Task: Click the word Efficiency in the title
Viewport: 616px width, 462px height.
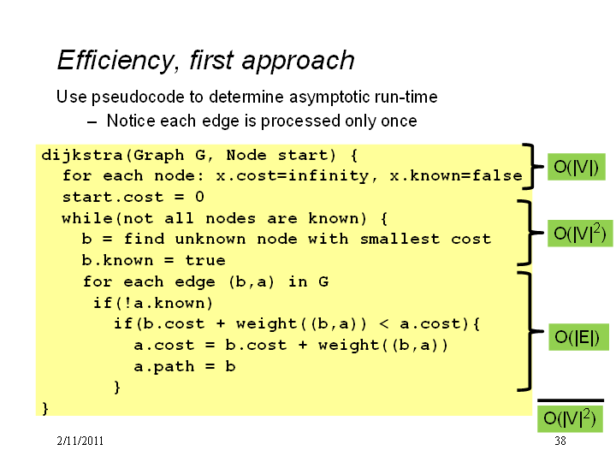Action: [x=115, y=61]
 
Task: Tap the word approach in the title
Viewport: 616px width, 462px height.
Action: [x=299, y=61]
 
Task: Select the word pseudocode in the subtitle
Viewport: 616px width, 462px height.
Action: [x=147, y=97]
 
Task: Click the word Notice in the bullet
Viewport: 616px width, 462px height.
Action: [x=131, y=121]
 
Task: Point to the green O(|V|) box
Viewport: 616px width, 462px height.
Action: [x=577, y=167]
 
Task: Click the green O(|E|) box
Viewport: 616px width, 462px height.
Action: [x=578, y=337]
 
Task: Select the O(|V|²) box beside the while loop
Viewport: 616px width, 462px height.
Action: [x=580, y=234]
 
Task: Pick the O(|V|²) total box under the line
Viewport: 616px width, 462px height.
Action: [x=570, y=418]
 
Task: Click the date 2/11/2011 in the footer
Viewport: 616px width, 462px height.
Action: [x=80, y=441]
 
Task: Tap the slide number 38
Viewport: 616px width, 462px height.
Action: [x=560, y=441]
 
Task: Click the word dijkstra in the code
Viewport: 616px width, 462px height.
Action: [x=82, y=156]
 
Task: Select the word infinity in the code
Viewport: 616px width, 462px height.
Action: [x=329, y=175]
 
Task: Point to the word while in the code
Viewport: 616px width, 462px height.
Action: [x=87, y=218]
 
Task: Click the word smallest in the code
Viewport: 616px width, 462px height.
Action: [x=400, y=239]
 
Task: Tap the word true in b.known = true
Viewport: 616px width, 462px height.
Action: [x=205, y=260]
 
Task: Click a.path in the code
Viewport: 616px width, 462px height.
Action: [x=164, y=366]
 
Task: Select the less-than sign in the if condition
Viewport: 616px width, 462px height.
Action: [x=384, y=324]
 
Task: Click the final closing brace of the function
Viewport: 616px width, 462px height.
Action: [x=45, y=409]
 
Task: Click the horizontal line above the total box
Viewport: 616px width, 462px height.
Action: [x=571, y=400]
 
